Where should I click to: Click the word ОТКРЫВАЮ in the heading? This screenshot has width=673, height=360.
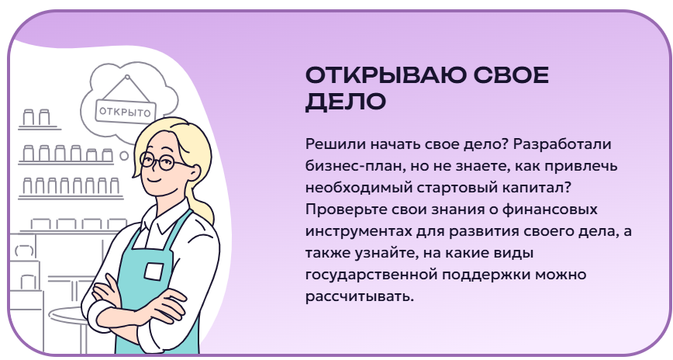[x=385, y=75]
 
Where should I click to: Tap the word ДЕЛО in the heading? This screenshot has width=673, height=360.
[x=346, y=102]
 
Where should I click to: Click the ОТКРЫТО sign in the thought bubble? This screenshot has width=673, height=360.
[x=126, y=112]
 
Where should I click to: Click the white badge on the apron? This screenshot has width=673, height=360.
[x=154, y=272]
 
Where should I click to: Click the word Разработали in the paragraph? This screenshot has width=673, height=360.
[x=562, y=144]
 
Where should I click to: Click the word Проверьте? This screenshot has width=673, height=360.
[x=347, y=209]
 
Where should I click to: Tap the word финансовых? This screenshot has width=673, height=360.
[x=550, y=209]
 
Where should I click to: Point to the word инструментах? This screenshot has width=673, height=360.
[x=358, y=232]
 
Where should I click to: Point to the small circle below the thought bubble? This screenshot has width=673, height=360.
[x=124, y=155]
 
